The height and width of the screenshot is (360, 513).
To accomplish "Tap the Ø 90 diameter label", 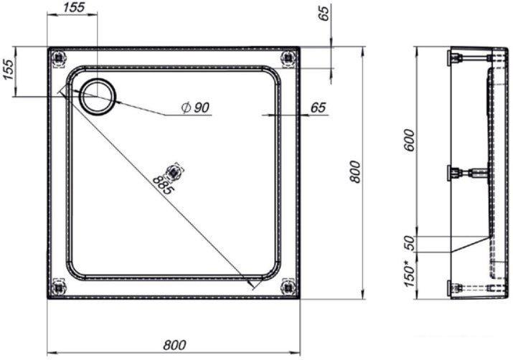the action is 195,108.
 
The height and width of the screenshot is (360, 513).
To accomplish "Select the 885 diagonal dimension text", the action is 163,185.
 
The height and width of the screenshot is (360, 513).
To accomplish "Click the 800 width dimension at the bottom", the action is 174,345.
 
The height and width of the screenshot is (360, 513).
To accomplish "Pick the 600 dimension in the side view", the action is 409,140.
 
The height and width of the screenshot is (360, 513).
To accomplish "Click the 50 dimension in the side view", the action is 409,243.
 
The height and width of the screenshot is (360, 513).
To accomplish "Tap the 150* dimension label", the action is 409,273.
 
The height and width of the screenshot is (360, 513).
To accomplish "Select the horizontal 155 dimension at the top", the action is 74,7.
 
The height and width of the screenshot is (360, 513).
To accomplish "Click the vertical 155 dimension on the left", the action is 9,70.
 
